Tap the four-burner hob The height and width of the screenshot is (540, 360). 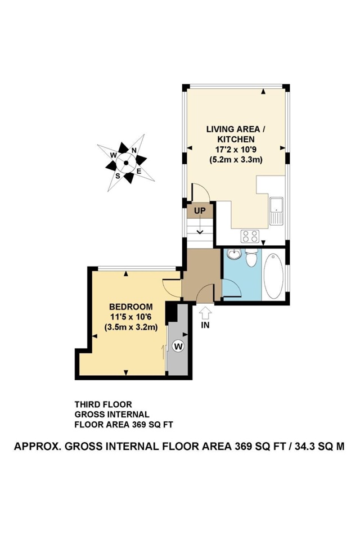pos(249,236)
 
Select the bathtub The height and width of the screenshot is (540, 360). pos(274,276)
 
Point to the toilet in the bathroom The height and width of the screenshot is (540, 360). pos(251,258)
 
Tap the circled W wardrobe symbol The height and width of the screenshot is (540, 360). pos(178,346)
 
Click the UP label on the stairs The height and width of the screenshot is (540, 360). pos(200,211)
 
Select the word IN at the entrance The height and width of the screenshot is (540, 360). pos(206,325)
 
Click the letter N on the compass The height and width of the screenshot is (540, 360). pos(134,150)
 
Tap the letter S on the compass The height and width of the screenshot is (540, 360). pos(118,175)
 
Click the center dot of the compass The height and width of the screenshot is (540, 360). pos(126,163)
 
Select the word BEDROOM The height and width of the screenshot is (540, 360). pos(131,307)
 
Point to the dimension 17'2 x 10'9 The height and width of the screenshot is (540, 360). pos(236,149)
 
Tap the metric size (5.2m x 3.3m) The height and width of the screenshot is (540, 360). pos(236,159)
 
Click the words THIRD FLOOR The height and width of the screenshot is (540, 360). pos(103,404)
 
